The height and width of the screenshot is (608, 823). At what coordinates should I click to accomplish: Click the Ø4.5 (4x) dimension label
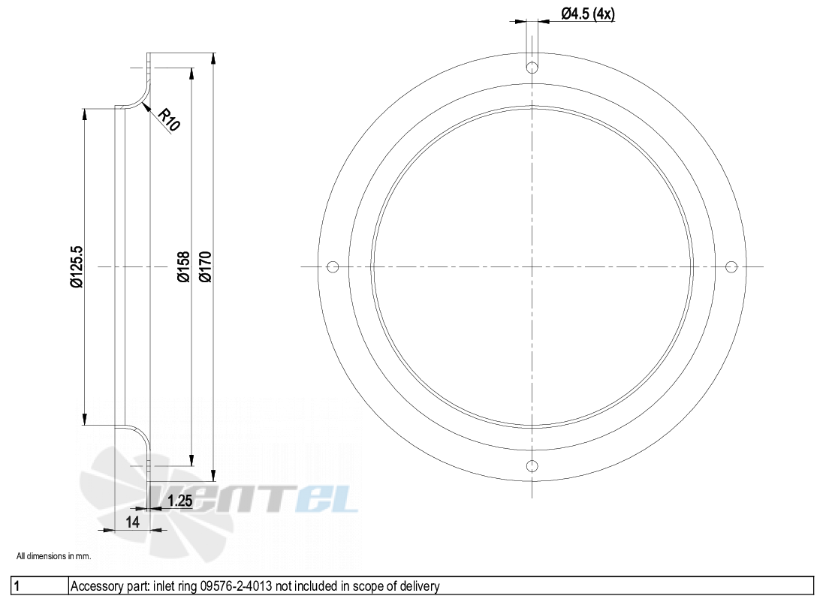(588, 14)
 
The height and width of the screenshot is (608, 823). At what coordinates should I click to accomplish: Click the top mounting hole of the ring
(532, 68)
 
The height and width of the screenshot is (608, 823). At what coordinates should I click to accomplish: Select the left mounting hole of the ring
(333, 266)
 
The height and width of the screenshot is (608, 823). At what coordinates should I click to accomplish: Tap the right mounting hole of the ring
(731, 266)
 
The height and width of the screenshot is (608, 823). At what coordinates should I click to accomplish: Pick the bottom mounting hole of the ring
(532, 466)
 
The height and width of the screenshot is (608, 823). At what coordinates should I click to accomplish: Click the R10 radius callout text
(169, 120)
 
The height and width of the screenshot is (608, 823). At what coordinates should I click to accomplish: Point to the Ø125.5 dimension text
(75, 266)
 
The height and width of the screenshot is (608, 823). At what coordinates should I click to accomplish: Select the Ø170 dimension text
(205, 266)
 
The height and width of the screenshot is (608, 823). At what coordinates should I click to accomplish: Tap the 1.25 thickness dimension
(180, 501)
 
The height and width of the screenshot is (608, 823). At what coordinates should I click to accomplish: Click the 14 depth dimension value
(133, 522)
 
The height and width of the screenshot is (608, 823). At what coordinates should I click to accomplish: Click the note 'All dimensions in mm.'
(53, 556)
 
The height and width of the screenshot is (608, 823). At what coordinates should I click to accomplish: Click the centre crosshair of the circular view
(532, 266)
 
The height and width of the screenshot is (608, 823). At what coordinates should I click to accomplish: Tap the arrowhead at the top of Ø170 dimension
(214, 57)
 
